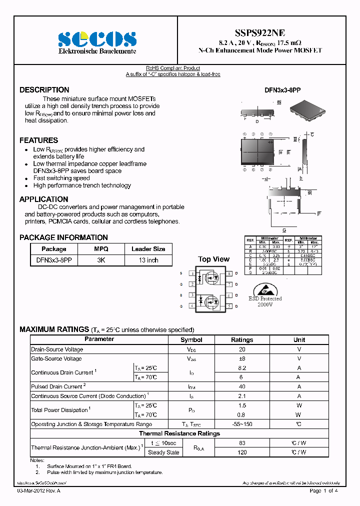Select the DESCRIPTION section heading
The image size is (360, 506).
pyautogui.click(x=44, y=90)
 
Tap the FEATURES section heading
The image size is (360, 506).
pyautogui.click(x=39, y=140)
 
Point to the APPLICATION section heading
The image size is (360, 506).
pyautogui.click(x=44, y=199)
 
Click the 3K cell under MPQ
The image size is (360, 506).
pyautogui.click(x=101, y=260)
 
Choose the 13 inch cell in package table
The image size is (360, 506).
pyautogui.click(x=148, y=260)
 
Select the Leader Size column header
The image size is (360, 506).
pyautogui.click(x=148, y=249)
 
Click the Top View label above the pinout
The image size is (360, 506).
pyautogui.click(x=213, y=259)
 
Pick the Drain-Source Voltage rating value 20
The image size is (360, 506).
pyautogui.click(x=242, y=350)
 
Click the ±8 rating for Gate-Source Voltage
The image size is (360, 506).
pyautogui.click(x=242, y=358)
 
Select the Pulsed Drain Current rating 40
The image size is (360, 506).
pyautogui.click(x=242, y=386)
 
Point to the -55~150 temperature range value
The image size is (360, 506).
pyautogui.click(x=242, y=424)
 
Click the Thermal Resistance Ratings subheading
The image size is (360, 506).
pyautogui.click(x=179, y=433)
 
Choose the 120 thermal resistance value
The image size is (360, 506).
pyautogui.click(x=242, y=452)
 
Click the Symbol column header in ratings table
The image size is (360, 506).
pyautogui.click(x=191, y=340)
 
